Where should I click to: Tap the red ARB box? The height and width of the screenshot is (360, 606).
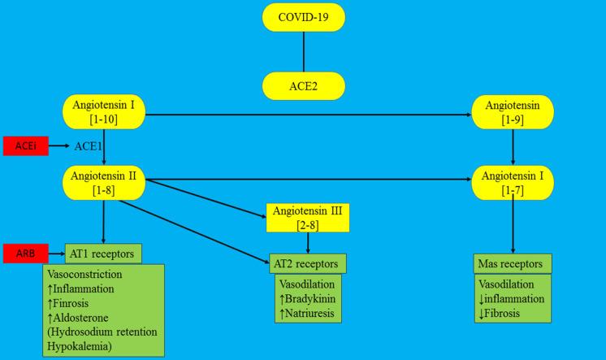coord(26,253)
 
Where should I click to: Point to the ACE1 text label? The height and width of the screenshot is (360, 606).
coord(90,146)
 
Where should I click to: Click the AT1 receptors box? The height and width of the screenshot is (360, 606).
coord(104,253)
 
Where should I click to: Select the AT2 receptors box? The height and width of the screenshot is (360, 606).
coord(308,263)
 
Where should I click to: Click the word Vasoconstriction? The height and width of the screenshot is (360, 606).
coord(85,275)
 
